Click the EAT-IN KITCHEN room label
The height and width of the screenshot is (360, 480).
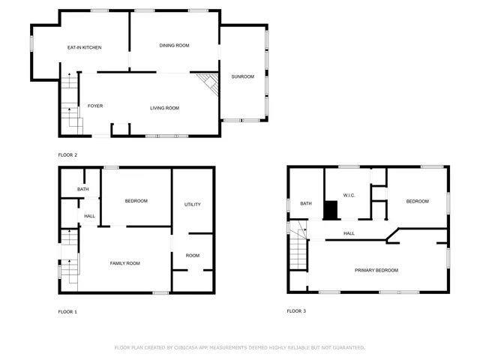[84, 47]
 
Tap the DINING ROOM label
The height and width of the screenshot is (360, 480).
[174, 45]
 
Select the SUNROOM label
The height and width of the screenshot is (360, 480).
[242, 76]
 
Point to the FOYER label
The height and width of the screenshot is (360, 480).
[95, 106]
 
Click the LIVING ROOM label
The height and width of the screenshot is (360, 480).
[164, 108]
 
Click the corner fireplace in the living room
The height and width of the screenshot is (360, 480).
[208, 82]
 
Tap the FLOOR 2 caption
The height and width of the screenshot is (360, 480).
[67, 155]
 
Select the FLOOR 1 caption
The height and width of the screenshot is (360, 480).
[67, 311]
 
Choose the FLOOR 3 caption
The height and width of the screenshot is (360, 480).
[296, 310]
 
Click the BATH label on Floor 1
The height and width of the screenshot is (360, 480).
[82, 189]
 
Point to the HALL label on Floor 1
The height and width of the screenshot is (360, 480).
[89, 216]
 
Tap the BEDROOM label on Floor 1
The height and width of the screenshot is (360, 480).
[136, 200]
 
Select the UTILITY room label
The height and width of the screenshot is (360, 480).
[193, 204]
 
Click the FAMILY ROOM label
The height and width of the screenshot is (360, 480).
[125, 263]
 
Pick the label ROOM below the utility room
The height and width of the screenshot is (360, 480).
[193, 256]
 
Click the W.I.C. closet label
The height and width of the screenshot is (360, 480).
[349, 196]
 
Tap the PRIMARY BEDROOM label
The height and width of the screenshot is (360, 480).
[376, 270]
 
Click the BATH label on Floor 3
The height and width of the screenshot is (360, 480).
[306, 203]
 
